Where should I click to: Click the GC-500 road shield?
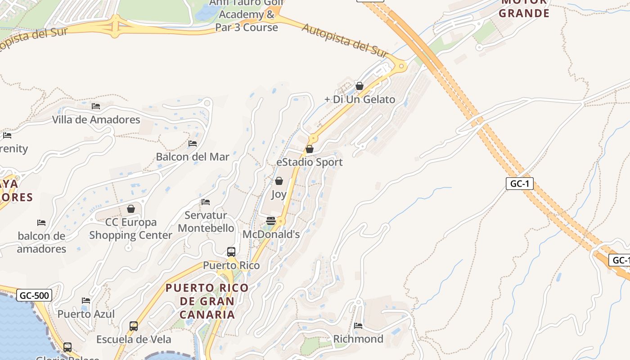pos(34,296)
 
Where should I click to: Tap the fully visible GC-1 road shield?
pos(519,184)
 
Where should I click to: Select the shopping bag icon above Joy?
pos(279,181)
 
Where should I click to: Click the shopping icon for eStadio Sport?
pos(310,149)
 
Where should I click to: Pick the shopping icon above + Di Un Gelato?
pos(360,85)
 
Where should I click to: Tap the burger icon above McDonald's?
pos(271,221)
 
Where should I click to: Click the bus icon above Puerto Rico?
pos(231,252)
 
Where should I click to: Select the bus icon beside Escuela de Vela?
pos(134,326)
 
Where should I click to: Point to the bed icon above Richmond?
pos(358,325)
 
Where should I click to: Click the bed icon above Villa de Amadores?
pos(96,106)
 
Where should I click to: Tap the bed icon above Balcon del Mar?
pos(193,144)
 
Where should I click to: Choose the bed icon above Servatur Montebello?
pos(206,202)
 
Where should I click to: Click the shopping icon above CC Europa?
pos(131,209)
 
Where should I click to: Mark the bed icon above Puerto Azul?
pos(86,301)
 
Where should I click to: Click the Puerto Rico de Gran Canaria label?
pos(207,301)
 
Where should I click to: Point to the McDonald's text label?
pos(271,234)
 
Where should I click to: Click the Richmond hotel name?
pos(358,339)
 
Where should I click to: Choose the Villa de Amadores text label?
pos(96,120)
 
